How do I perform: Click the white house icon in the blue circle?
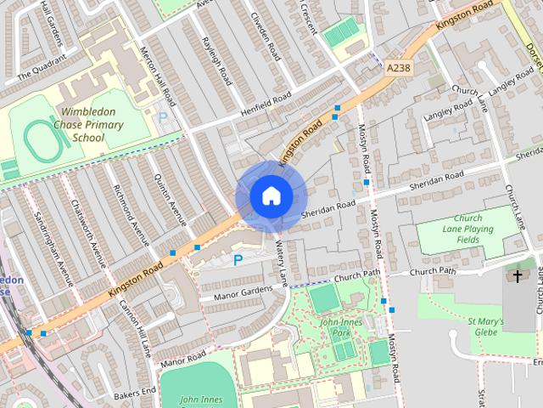pyautogui.click(x=270, y=196)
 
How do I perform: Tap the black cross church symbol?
pyautogui.click(x=517, y=276)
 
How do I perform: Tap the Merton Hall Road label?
pyautogui.click(x=158, y=71)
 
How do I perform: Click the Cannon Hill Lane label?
pyautogui.click(x=135, y=329)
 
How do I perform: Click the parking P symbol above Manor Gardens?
pyautogui.click(x=238, y=260)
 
